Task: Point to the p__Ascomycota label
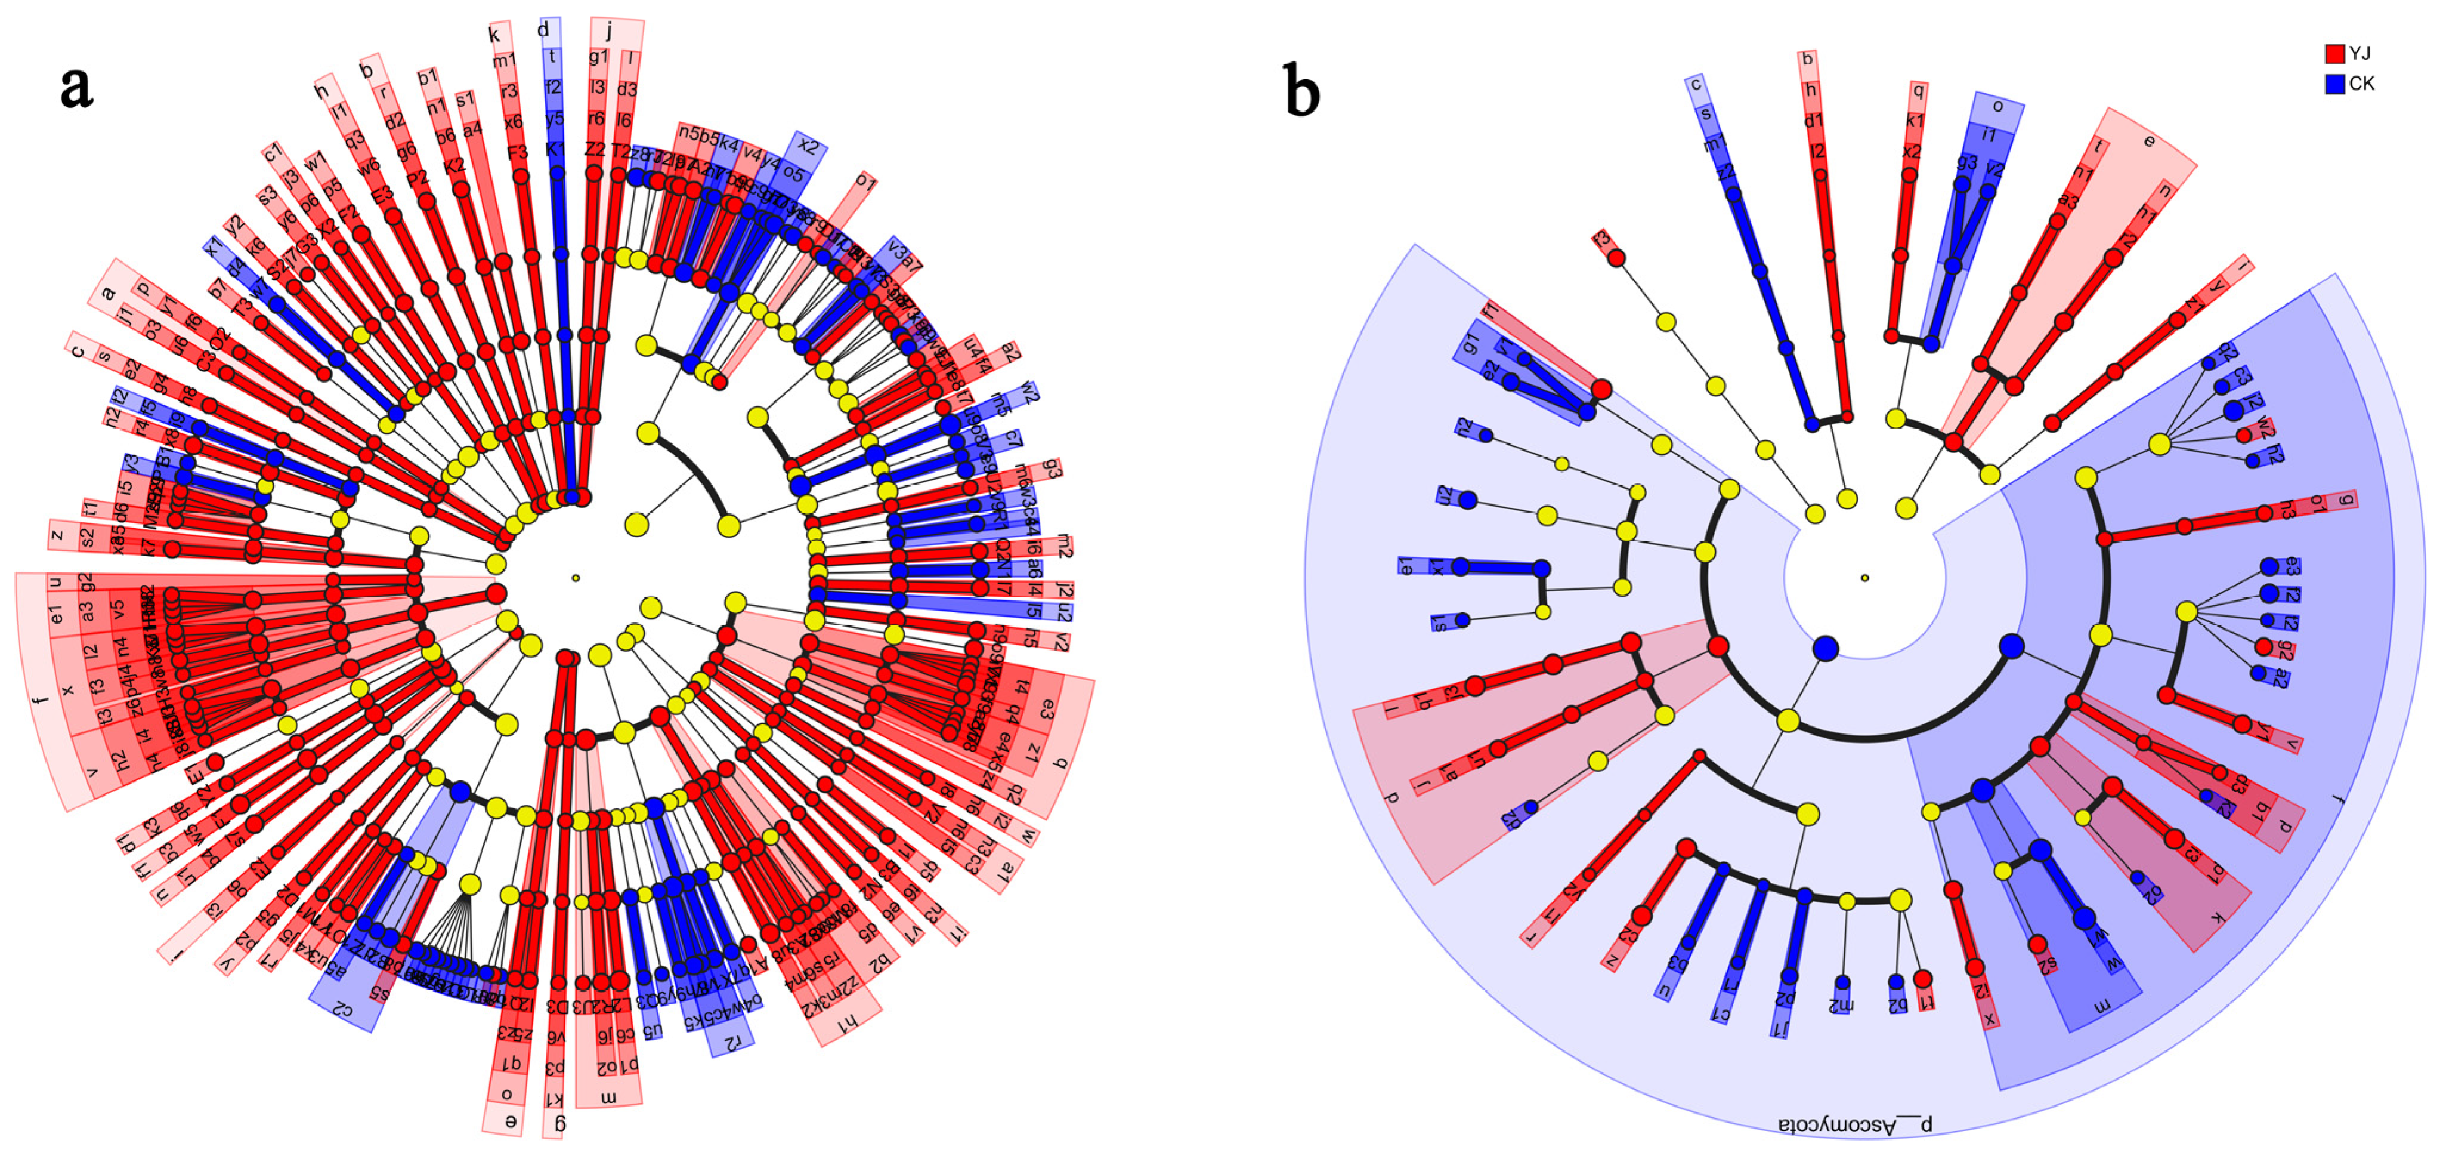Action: pos(1855,1124)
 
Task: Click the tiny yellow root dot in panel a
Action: pos(576,578)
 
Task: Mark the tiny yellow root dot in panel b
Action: pos(1864,578)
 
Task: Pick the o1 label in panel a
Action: pos(865,180)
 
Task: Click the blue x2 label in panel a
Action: pos(807,146)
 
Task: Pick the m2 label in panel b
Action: pos(1841,1004)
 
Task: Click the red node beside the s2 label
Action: pos(2037,945)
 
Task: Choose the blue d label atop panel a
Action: pos(543,30)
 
